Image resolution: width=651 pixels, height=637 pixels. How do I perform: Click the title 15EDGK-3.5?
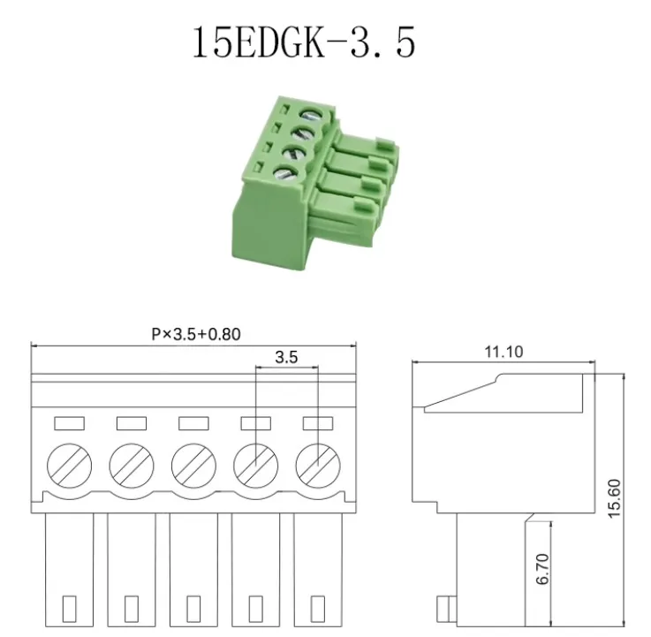click(x=304, y=42)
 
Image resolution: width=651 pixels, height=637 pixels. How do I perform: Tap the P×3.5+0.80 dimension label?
click(x=196, y=334)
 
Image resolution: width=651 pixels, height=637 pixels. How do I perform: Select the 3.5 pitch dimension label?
click(x=286, y=357)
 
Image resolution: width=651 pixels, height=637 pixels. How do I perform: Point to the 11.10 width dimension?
click(x=503, y=353)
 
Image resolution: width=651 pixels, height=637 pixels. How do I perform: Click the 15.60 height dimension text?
click(x=614, y=498)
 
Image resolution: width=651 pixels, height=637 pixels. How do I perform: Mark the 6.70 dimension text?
click(x=542, y=569)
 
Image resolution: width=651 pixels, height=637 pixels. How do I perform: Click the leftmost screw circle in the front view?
click(x=69, y=466)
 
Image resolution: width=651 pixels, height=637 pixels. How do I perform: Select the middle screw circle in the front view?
click(x=193, y=466)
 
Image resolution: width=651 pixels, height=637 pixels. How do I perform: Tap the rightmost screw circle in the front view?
click(x=318, y=466)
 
